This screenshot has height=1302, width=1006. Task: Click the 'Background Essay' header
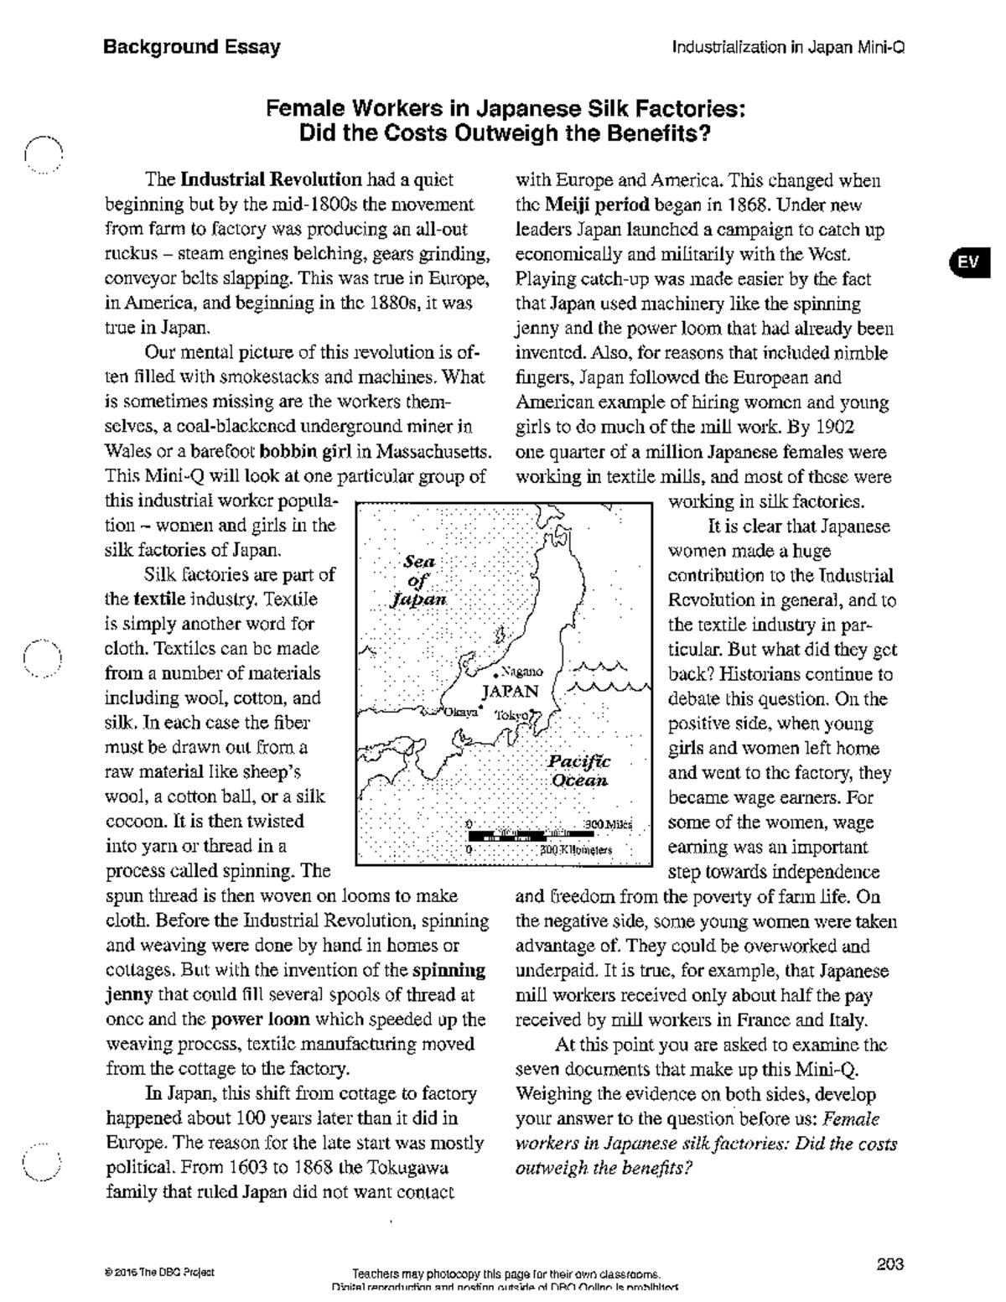pos(191,47)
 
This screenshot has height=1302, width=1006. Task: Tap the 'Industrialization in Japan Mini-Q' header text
pos(788,48)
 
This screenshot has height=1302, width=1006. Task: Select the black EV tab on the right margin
pos(968,262)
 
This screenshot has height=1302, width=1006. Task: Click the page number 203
pos(889,1264)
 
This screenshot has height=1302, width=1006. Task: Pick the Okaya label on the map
pos(459,712)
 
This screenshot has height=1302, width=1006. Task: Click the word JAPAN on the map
pos(510,692)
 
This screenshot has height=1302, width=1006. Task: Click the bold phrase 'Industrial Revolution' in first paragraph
pos(271,179)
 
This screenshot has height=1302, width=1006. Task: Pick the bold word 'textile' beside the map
pos(158,599)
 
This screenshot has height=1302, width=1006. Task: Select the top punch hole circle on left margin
pos(43,153)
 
